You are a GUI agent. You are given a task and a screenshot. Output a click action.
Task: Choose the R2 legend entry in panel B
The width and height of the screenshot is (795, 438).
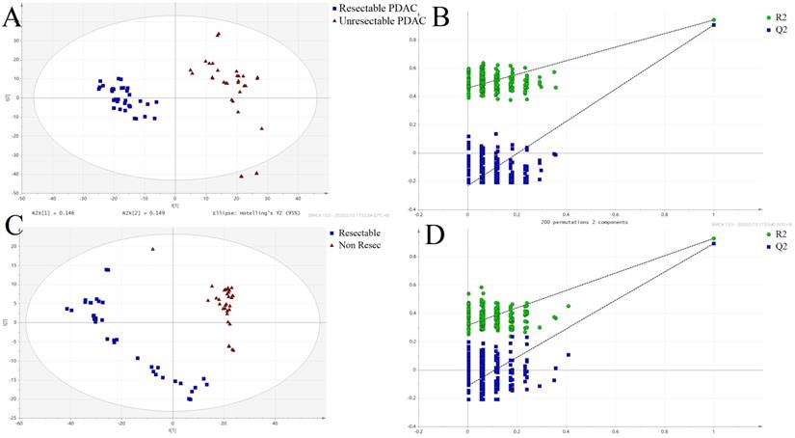(x=770, y=16)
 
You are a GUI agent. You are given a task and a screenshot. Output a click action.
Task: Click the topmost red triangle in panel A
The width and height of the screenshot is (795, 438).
(x=219, y=35)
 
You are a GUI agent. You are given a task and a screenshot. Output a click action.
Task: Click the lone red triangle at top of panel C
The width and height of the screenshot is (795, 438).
(x=152, y=249)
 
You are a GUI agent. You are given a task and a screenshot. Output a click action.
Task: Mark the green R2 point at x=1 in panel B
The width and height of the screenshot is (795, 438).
(x=714, y=19)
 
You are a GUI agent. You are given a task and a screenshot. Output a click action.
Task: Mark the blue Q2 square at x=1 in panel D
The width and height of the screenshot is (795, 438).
(x=714, y=244)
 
